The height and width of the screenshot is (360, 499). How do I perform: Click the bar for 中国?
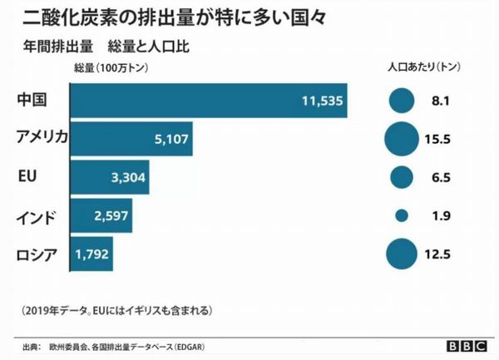click(209, 101)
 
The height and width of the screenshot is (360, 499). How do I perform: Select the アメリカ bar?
click(131, 139)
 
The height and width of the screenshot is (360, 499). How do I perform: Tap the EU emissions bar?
click(110, 177)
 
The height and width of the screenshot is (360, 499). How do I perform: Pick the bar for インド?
click(101, 215)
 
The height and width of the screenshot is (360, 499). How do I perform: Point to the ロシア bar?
click(91, 254)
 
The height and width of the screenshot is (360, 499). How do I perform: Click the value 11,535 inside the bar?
click(323, 101)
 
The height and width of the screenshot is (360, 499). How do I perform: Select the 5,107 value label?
click(171, 139)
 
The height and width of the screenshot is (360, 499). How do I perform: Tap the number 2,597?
click(111, 215)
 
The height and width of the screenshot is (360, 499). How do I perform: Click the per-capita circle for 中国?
click(402, 101)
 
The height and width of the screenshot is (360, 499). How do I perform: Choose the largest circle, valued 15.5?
click(402, 139)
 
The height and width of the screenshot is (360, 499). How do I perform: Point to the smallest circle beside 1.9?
click(402, 215)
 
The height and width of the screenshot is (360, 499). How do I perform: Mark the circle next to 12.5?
click(402, 254)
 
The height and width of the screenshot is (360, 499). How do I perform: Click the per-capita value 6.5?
click(441, 177)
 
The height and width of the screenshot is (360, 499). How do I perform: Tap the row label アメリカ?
click(42, 137)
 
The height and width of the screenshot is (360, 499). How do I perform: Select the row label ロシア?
click(37, 255)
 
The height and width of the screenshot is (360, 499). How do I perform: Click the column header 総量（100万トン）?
click(111, 68)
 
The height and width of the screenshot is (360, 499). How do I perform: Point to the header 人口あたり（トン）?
click(424, 67)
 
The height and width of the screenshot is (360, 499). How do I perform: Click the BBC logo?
click(467, 346)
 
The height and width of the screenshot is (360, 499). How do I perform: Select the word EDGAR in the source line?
click(190, 347)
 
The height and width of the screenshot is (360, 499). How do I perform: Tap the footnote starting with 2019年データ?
click(116, 310)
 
